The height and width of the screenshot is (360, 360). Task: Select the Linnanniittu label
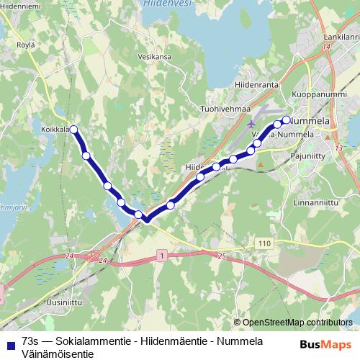click(316, 202)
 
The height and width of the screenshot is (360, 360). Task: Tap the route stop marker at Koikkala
click(73, 130)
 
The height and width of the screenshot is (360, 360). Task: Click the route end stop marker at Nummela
click(286, 120)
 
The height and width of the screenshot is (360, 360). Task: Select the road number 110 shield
click(265, 244)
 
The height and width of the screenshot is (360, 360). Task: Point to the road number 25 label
click(221, 256)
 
